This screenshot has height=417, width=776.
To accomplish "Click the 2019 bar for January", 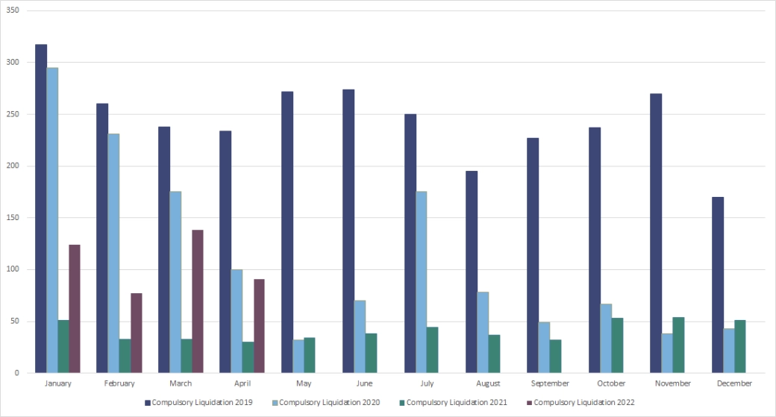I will click(x=41, y=209).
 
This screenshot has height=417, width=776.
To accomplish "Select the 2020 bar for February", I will click(x=113, y=254).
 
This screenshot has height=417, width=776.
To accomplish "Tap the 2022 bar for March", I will click(x=198, y=301).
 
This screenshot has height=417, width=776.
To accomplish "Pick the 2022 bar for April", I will click(x=259, y=326).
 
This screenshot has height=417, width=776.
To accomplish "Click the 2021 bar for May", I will click(x=310, y=355).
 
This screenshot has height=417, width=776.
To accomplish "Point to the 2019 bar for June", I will click(x=348, y=231).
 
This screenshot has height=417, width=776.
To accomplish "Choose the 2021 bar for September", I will click(x=555, y=357).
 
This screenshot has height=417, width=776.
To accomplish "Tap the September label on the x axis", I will click(x=549, y=383).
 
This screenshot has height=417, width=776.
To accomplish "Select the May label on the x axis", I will click(x=304, y=383).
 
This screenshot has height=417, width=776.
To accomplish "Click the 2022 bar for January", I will click(x=75, y=309).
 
